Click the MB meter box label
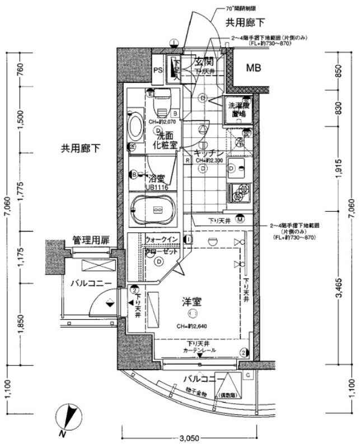(255, 69)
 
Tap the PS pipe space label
(158, 71)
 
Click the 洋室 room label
(191, 302)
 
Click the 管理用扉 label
(91, 240)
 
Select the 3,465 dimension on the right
(342, 289)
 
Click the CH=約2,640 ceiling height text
(194, 327)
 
